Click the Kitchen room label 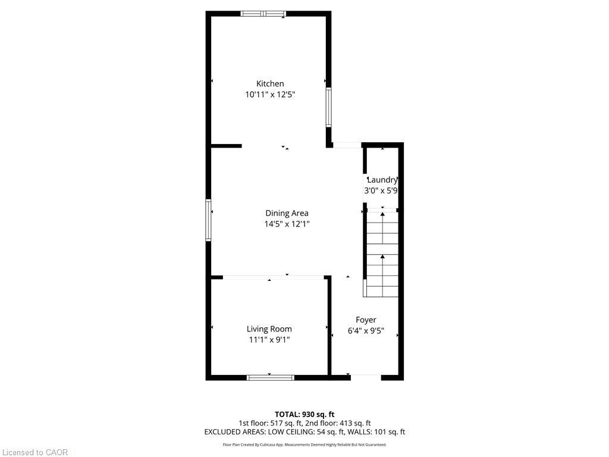coord(270,84)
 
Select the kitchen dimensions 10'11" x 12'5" coord(270,95)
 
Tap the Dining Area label coord(287,213)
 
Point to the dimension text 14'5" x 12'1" coord(287,224)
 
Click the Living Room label coord(269,329)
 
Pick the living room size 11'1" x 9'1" coord(269,340)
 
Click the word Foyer coord(366,320)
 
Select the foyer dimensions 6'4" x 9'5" coord(366,331)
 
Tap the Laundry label coord(382,180)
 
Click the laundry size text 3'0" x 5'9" coord(381,191)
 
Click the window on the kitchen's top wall coord(263,14)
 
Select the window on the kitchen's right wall coord(328,107)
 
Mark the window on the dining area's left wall coord(209,220)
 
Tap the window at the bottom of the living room coord(271,377)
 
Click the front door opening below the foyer coord(366,375)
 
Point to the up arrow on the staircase coord(381,258)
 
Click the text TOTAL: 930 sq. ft coord(304,414)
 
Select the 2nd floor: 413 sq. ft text coord(341,423)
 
